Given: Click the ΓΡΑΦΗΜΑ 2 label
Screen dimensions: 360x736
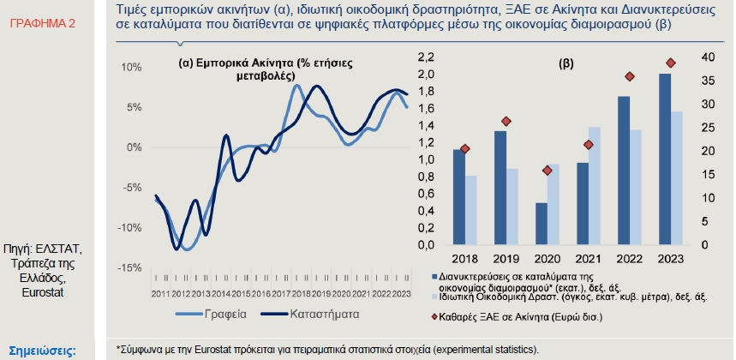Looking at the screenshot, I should (x=42, y=22).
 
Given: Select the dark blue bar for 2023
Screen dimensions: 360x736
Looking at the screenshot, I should (x=664, y=159).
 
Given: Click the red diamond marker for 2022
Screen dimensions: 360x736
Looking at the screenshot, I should (x=630, y=76).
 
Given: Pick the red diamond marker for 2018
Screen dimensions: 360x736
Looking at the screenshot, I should (x=465, y=148).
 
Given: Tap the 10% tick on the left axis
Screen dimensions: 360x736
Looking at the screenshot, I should (x=131, y=67).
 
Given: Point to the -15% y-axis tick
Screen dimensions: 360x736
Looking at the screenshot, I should (x=130, y=268).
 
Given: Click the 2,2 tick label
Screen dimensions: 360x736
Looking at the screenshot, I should (x=426, y=57).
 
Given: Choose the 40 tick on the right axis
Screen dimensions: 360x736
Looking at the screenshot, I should (x=708, y=57).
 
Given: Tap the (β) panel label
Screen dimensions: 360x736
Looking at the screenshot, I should (x=565, y=64).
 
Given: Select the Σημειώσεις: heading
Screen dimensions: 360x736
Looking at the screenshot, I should (x=42, y=350).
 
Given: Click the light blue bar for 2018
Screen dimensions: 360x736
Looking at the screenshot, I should (x=470, y=210).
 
